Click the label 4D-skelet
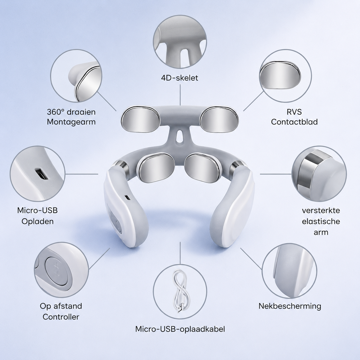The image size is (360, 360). point(179,78)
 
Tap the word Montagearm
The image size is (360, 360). point(71,122)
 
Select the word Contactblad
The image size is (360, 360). point(294,122)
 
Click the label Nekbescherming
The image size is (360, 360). point(290,306)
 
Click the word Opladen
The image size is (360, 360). point(38,222)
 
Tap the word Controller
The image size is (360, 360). point(61,317)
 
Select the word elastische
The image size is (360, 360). point(321,221)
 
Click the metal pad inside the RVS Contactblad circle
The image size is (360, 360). point(280,74)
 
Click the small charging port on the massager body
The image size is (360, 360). point(127,197)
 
